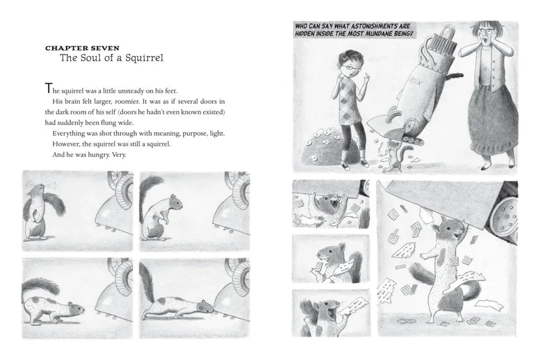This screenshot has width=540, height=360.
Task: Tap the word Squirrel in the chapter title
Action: pyautogui.click(x=140, y=59)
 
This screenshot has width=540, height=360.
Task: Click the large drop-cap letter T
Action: pyautogui.click(x=47, y=87)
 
